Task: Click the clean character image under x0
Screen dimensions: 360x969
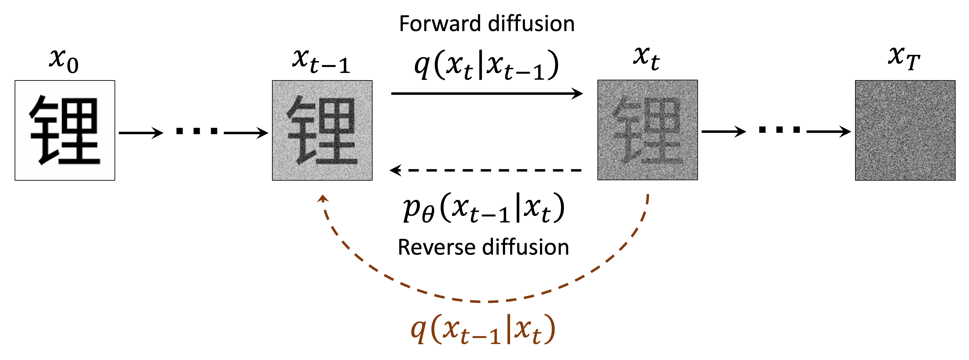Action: (65, 130)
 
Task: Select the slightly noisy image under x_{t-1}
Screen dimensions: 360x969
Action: (322, 130)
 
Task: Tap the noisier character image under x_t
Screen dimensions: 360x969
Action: (647, 130)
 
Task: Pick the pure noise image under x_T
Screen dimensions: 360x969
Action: (905, 130)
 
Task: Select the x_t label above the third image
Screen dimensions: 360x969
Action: (646, 58)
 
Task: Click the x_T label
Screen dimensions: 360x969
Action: (903, 58)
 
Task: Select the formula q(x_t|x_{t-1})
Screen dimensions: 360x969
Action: (486, 65)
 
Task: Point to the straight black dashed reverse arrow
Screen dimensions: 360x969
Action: (485, 170)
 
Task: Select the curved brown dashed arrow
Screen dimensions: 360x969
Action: (485, 301)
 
